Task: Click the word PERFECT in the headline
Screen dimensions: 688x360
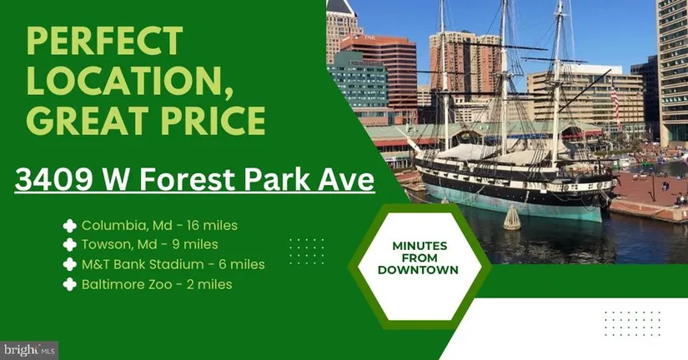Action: click(104, 42)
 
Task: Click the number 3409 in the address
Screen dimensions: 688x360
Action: click(53, 180)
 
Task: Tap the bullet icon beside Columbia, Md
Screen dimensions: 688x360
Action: click(70, 226)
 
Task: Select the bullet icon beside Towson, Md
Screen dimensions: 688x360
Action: click(70, 245)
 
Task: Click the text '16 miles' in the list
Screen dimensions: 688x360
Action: click(212, 225)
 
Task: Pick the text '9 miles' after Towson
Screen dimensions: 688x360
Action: click(195, 244)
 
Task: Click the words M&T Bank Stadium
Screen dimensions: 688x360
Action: click(143, 264)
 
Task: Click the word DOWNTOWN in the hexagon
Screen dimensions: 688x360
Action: click(418, 270)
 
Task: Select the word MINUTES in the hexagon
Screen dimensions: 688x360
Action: click(419, 246)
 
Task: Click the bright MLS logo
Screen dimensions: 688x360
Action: click(29, 350)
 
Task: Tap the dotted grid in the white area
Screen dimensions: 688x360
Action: click(632, 323)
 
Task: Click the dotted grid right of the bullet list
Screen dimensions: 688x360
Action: click(307, 252)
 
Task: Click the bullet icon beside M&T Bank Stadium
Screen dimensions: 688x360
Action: click(70, 264)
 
